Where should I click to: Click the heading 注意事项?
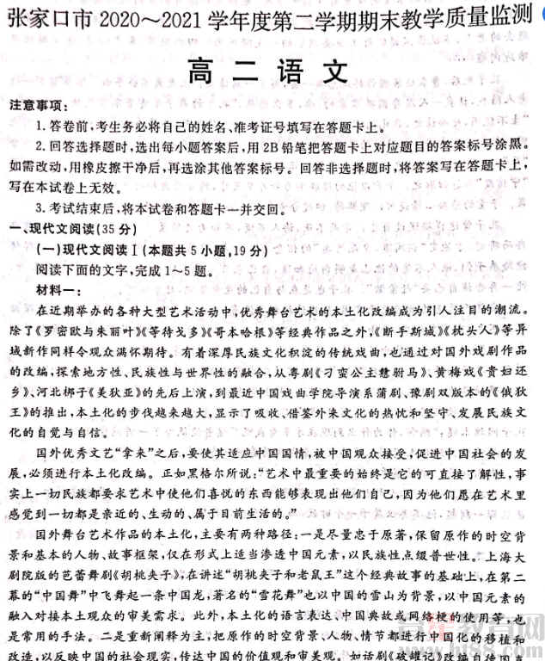click(x=36, y=106)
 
